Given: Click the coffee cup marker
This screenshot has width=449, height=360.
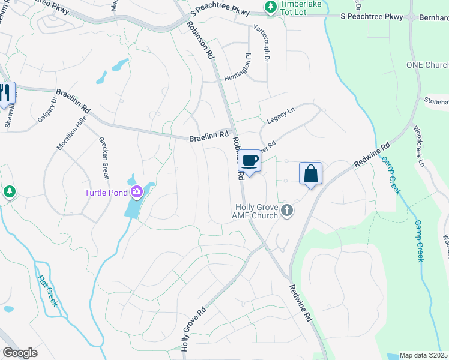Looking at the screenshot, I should tap(250, 161).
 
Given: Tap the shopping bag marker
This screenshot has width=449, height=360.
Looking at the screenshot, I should tap(310, 173).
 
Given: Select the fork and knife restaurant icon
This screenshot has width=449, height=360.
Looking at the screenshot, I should tap(5, 93).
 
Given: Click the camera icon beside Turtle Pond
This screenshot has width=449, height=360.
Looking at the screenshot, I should tap(137, 192).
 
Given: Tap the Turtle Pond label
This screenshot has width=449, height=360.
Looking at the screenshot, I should tap(106, 192).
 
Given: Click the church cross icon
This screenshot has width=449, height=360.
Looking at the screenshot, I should tap(288, 210).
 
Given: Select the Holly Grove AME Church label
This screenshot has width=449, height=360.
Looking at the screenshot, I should tap(256, 211).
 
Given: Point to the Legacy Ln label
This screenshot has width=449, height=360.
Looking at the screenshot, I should tap(281, 115).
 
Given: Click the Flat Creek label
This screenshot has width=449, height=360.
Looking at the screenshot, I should tap(47, 290).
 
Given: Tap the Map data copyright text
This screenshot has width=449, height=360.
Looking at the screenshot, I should tap(424, 355).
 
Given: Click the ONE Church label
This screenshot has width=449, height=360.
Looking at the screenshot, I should tap(427, 65).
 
